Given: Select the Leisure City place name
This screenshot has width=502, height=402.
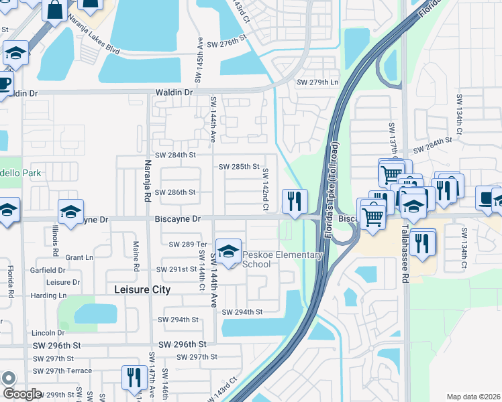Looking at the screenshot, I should click(x=142, y=289).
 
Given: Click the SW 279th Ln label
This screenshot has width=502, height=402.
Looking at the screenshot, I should click(x=317, y=82).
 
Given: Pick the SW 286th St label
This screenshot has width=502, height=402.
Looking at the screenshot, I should click(x=175, y=192).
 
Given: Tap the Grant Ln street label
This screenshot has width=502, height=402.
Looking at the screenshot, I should click(x=79, y=257).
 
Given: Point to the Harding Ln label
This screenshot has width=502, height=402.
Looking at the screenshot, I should click(x=48, y=295).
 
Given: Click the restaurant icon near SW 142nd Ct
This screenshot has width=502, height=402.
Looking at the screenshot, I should click(x=295, y=201).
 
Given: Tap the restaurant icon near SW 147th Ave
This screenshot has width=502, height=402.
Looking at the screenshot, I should click(x=134, y=377).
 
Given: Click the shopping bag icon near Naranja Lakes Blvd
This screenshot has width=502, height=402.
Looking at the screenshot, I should click(x=54, y=9).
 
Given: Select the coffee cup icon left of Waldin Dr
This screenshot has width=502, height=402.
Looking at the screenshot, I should click(x=4, y=84).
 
